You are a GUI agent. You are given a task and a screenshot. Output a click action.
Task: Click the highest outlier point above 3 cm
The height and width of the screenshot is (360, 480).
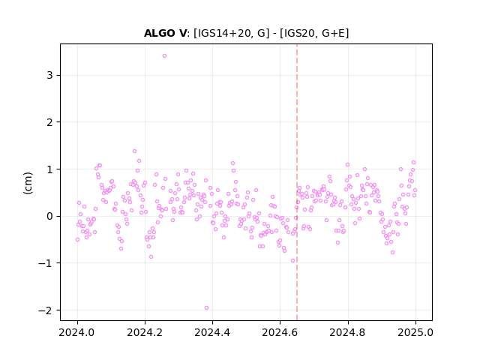pyautogui.click(x=164, y=56)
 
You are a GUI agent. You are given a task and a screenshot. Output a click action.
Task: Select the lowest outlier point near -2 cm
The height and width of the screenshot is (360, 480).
pyautogui.click(x=207, y=308)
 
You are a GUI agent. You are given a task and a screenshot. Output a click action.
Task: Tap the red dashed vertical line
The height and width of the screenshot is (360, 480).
pyautogui.click(x=297, y=182)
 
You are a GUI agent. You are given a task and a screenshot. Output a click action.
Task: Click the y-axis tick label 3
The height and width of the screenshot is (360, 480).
pyautogui.click(x=49, y=75)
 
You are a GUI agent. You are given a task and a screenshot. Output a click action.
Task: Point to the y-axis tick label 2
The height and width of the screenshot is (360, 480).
pyautogui.click(x=49, y=122)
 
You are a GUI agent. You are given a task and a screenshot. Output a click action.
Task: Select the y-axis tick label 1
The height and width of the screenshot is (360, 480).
pyautogui.click(x=49, y=169)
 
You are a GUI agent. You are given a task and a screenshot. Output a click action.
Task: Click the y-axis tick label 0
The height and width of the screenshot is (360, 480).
pyautogui.click(x=49, y=216)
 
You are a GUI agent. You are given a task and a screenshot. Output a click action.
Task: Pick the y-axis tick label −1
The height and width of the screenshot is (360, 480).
pyautogui.click(x=46, y=263)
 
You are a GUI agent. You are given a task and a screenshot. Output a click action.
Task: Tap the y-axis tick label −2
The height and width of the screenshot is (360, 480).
pyautogui.click(x=46, y=310)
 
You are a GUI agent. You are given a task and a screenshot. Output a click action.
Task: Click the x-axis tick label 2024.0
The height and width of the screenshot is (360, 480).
pyautogui.click(x=77, y=332)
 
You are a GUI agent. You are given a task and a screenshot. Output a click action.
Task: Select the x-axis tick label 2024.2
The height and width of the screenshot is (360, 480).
pyautogui.click(x=145, y=332)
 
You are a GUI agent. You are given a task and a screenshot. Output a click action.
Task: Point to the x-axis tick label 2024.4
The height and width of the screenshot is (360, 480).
pyautogui.click(x=212, y=332)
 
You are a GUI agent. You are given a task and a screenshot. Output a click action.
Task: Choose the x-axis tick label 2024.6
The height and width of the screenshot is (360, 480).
pyautogui.click(x=280, y=332)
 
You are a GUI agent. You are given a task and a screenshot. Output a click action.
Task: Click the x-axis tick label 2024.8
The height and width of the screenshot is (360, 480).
pyautogui.click(x=348, y=332)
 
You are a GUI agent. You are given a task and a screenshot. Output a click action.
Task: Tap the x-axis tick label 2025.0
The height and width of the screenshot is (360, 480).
pyautogui.click(x=415, y=332)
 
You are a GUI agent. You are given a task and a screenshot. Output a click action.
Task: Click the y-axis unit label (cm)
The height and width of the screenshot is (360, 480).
pyautogui.click(x=28, y=182)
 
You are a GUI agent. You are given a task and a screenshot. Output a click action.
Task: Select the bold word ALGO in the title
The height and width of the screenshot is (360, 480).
pyautogui.click(x=160, y=33)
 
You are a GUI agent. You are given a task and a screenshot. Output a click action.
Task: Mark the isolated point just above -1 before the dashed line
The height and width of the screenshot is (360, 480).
pyautogui.click(x=293, y=261)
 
